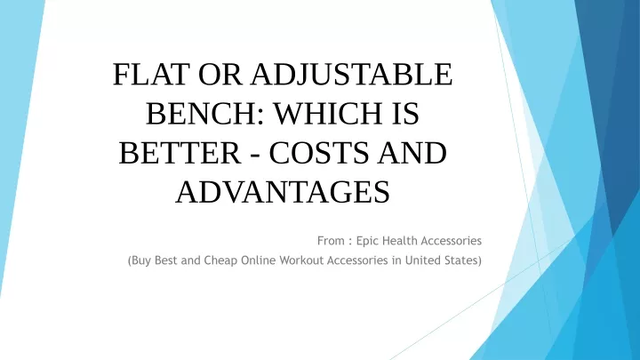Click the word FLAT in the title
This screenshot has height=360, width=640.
point(151,75)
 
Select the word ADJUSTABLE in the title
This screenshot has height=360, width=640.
point(351,75)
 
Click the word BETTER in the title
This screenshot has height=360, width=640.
point(180,153)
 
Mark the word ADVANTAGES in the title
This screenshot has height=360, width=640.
point(283,192)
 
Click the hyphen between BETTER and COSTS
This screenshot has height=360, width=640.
point(255,156)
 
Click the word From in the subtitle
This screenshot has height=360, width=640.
point(331,241)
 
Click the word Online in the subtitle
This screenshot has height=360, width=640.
point(259,260)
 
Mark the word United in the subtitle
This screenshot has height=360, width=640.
point(420,260)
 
